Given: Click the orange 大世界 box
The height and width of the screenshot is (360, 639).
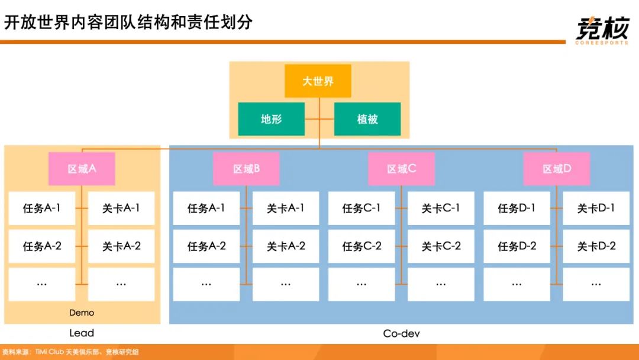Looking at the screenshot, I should (x=318, y=81).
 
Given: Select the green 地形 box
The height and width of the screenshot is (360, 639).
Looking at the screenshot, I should (x=271, y=119).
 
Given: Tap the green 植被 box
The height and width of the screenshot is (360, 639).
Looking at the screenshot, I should (x=367, y=119).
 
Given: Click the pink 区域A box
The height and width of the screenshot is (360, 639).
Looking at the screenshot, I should (x=82, y=169).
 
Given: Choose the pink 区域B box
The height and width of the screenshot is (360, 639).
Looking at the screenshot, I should (x=246, y=169).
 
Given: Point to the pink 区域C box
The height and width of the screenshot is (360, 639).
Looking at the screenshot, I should (x=401, y=169).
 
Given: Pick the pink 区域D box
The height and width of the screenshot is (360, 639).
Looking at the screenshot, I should (x=557, y=169).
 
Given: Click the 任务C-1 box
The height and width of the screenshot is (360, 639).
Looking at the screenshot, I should (x=361, y=208).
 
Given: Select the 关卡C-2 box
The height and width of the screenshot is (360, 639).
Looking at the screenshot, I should (x=441, y=246).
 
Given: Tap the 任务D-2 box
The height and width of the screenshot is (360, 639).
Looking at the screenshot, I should (x=517, y=246).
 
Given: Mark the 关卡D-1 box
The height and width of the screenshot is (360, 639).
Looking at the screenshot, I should (x=596, y=208).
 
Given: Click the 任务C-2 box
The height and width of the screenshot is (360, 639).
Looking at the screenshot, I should (x=361, y=246).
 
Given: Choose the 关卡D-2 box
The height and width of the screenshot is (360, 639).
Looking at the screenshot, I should (x=596, y=246).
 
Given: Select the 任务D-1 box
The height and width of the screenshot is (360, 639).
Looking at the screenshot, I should (x=517, y=208).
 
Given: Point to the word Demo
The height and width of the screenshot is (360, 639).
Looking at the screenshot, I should (x=82, y=313).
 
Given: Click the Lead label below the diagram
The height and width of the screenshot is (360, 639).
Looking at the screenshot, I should (x=82, y=333).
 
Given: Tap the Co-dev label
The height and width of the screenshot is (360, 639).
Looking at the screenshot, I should (x=401, y=333).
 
